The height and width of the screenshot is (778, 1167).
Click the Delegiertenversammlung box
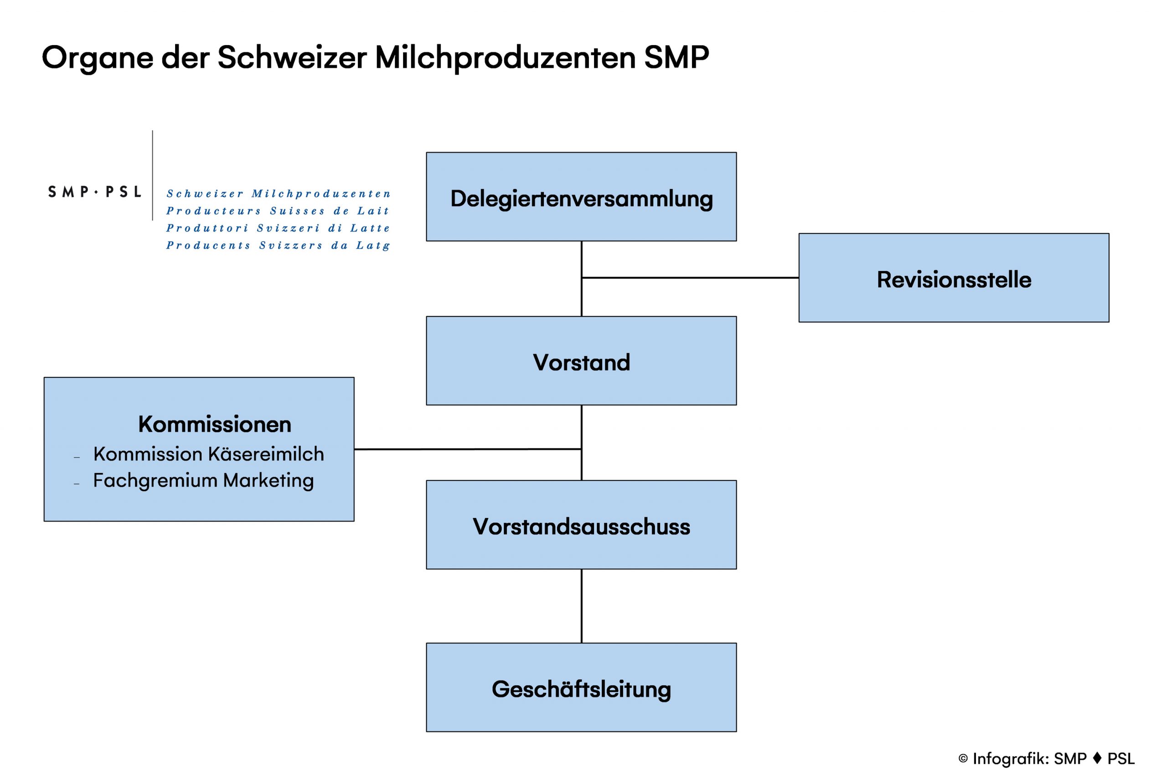click(x=581, y=196)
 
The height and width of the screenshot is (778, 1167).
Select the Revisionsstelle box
click(x=954, y=278)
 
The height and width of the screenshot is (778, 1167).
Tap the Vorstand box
click(x=581, y=361)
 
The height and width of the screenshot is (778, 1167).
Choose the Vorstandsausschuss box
click(x=581, y=525)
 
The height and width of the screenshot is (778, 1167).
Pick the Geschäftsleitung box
click(x=581, y=687)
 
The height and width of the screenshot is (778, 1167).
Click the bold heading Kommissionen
click(x=214, y=424)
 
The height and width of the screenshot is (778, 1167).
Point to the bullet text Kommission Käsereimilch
click(x=208, y=454)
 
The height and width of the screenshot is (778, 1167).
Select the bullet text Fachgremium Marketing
click(x=203, y=481)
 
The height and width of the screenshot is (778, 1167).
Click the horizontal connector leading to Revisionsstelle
click(x=690, y=278)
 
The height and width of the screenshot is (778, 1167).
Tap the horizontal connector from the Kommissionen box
click(x=468, y=449)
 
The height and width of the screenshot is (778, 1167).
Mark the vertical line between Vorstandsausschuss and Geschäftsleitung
click(x=582, y=606)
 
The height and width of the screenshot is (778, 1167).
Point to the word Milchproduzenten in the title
click(x=505, y=57)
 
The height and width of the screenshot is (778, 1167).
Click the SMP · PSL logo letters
click(x=94, y=191)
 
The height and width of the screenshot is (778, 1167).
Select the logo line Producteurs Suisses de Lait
click(x=277, y=211)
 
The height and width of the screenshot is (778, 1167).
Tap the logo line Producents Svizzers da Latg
click(x=278, y=246)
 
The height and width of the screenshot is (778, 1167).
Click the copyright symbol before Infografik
click(x=963, y=759)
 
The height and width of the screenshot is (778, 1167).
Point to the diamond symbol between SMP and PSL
click(x=1097, y=757)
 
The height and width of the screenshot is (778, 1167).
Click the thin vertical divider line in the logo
click(x=152, y=175)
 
